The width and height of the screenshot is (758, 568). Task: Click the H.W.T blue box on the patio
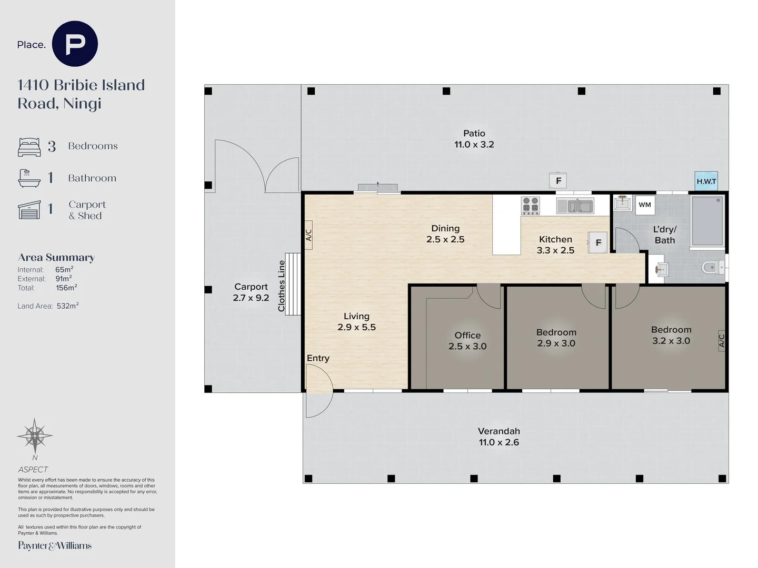(706, 181)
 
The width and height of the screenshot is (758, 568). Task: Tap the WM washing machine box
(645, 205)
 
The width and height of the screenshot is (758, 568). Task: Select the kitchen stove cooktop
(531, 206)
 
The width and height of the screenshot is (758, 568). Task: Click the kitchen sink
(575, 206)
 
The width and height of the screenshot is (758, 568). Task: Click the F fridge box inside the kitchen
(598, 242)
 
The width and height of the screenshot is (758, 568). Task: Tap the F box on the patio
(558, 180)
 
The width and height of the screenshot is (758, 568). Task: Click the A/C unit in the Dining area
(308, 235)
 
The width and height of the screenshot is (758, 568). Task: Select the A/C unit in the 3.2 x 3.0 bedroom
(721, 341)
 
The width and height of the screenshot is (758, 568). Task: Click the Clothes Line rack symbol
(293, 284)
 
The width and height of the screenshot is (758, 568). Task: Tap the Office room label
(467, 335)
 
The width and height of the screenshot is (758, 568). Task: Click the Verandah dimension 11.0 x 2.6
(499, 442)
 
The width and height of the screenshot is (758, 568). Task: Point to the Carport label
(251, 287)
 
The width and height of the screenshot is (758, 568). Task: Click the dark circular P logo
(75, 44)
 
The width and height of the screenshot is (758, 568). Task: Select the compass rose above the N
(35, 436)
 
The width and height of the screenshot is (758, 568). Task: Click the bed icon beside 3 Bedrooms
(29, 147)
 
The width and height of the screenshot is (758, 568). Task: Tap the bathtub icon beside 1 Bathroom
(29, 178)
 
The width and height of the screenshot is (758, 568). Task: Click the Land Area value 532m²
(68, 306)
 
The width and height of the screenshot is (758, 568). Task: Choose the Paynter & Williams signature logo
(55, 545)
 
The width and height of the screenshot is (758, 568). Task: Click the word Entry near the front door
(318, 358)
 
